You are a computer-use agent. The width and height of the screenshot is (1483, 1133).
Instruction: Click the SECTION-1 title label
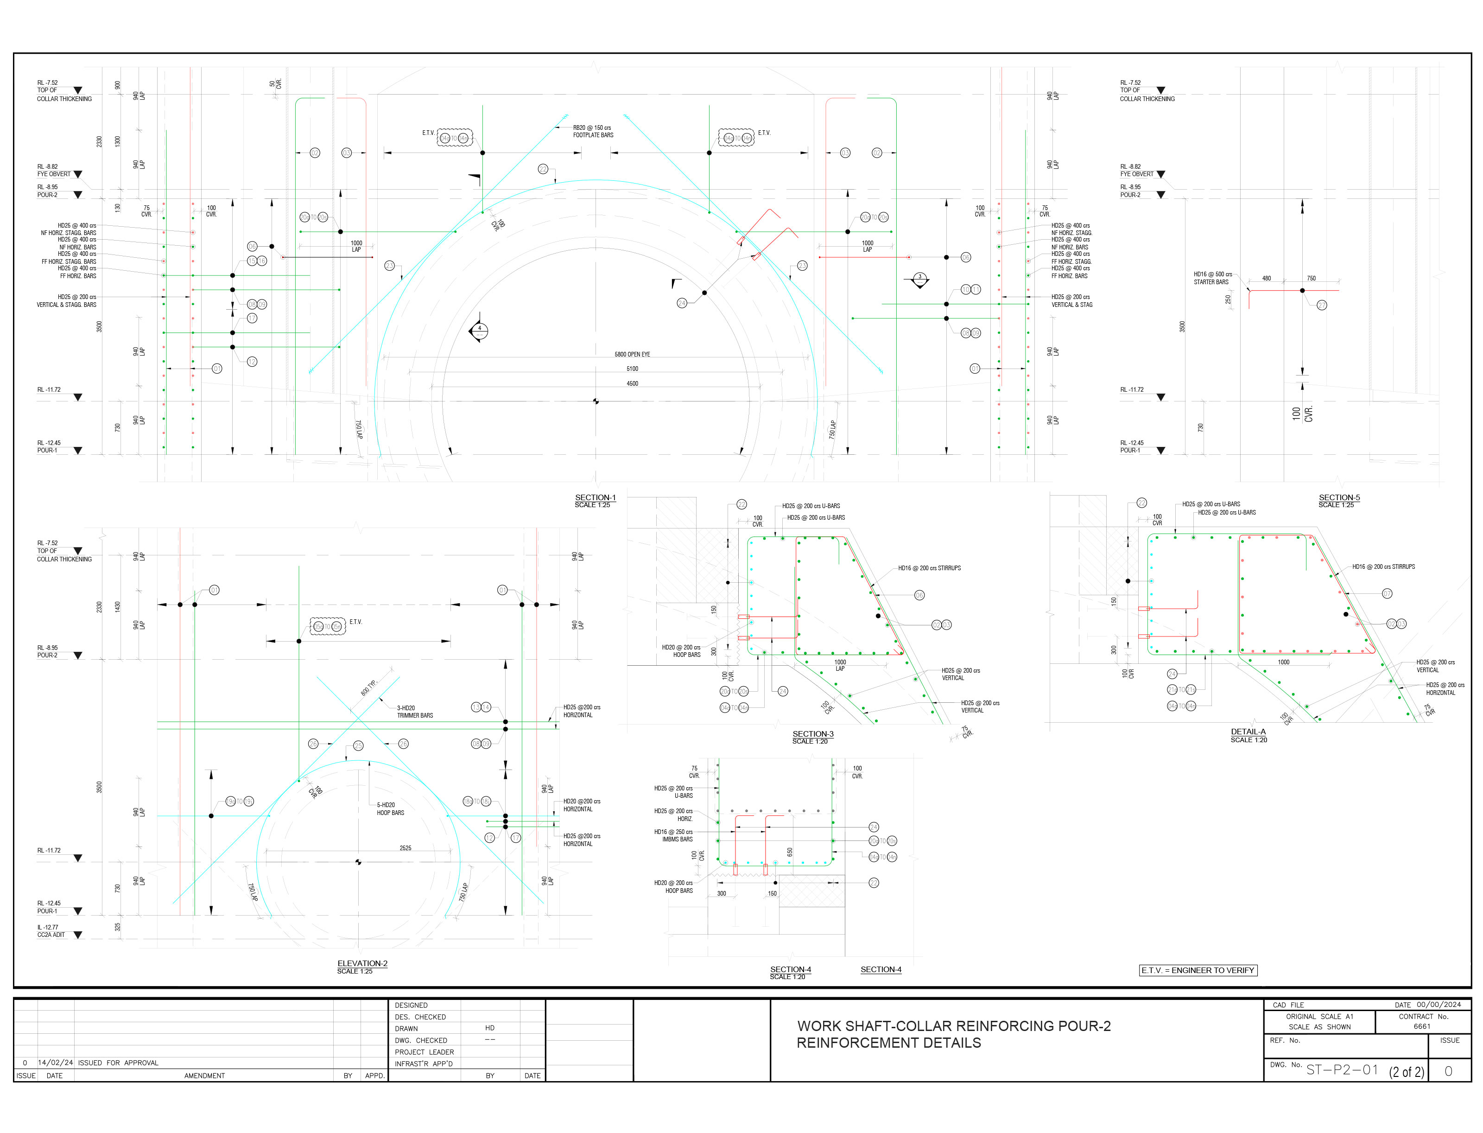(595, 498)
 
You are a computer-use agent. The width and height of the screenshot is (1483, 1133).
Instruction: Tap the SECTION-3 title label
(812, 734)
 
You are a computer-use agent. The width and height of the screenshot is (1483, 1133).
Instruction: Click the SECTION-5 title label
(1339, 498)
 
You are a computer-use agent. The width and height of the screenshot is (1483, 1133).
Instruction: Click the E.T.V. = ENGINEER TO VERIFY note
(1197, 970)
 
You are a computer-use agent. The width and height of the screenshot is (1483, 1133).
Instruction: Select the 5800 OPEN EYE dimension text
(632, 354)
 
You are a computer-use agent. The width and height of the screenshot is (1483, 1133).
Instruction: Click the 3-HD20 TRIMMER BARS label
(415, 712)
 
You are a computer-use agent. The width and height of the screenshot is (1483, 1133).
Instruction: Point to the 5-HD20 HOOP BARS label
(390, 808)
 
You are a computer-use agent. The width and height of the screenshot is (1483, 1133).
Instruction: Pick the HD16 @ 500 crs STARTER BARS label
(1212, 278)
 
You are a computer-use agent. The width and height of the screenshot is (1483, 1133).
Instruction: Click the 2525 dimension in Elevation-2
(405, 848)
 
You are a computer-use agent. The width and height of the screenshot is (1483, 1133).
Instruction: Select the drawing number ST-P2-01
(1342, 1070)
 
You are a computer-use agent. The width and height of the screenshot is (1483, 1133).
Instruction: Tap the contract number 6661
(1422, 1026)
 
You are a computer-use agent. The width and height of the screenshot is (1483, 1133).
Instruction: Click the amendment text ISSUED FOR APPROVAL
(118, 1063)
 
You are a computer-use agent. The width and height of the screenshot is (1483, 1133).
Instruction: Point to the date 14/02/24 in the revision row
(55, 1063)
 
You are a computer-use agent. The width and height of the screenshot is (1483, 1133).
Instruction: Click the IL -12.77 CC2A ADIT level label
(51, 931)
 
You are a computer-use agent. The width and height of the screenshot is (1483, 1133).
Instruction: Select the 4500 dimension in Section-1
(632, 384)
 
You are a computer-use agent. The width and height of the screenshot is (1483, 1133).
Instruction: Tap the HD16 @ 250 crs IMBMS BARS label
(673, 835)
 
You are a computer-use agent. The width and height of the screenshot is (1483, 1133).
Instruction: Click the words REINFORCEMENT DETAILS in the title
(888, 1044)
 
